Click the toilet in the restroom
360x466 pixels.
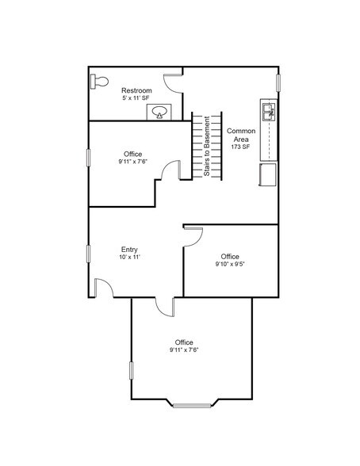pyautogui.click(x=98, y=80)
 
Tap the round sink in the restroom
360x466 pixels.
pyautogui.click(x=159, y=113)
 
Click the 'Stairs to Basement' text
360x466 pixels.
pyautogui.click(x=208, y=147)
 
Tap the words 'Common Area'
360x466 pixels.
pyautogui.click(x=240, y=135)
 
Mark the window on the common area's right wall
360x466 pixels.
pyautogui.click(x=278, y=82)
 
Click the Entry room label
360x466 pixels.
pyautogui.click(x=130, y=249)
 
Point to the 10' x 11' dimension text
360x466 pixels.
pyautogui.click(x=130, y=258)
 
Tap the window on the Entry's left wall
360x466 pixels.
pyautogui.click(x=88, y=258)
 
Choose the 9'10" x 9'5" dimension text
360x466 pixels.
pyautogui.click(x=230, y=265)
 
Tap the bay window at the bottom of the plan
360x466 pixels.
pyautogui.click(x=193, y=406)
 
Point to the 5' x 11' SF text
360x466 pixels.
pyautogui.click(x=136, y=99)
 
